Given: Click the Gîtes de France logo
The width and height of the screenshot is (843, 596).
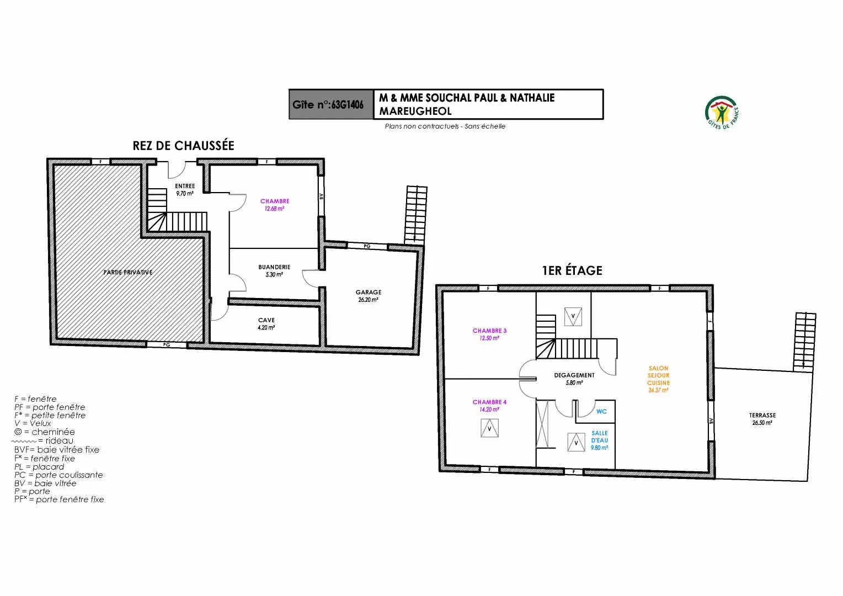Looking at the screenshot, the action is [722, 113].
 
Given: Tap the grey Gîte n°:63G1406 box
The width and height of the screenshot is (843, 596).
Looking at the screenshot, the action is [331, 104].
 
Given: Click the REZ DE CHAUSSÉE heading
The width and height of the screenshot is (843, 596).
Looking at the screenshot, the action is [183, 146].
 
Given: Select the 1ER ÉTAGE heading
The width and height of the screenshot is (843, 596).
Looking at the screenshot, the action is [572, 270].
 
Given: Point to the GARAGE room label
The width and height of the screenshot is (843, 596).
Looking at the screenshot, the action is [369, 292].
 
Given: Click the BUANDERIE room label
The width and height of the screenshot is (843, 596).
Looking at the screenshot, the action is [274, 267].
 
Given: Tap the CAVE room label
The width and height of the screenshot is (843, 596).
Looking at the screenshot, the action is [266, 320].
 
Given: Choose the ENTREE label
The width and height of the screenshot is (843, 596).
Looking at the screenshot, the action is [185, 186].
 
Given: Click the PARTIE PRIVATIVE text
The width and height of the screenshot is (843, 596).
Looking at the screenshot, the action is [128, 272].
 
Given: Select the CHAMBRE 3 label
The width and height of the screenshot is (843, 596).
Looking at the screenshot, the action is [489, 331].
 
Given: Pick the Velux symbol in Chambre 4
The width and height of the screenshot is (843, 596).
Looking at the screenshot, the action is [489, 428].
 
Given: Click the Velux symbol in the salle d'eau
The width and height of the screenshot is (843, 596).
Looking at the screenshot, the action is [576, 442].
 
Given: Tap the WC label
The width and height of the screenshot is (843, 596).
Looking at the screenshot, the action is [601, 412].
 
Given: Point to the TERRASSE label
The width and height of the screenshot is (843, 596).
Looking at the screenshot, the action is [762, 416].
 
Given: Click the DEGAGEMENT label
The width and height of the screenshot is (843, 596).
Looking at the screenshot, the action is [574, 375].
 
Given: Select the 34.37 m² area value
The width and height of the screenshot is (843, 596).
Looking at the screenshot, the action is [658, 390].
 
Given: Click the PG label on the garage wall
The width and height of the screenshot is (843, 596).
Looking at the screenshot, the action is [367, 246].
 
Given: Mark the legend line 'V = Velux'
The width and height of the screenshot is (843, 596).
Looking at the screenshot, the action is [33, 423].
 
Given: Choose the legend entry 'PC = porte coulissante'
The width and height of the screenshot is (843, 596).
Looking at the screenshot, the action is [58, 475].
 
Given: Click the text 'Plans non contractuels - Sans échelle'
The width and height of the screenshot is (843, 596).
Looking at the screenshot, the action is [445, 126].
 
